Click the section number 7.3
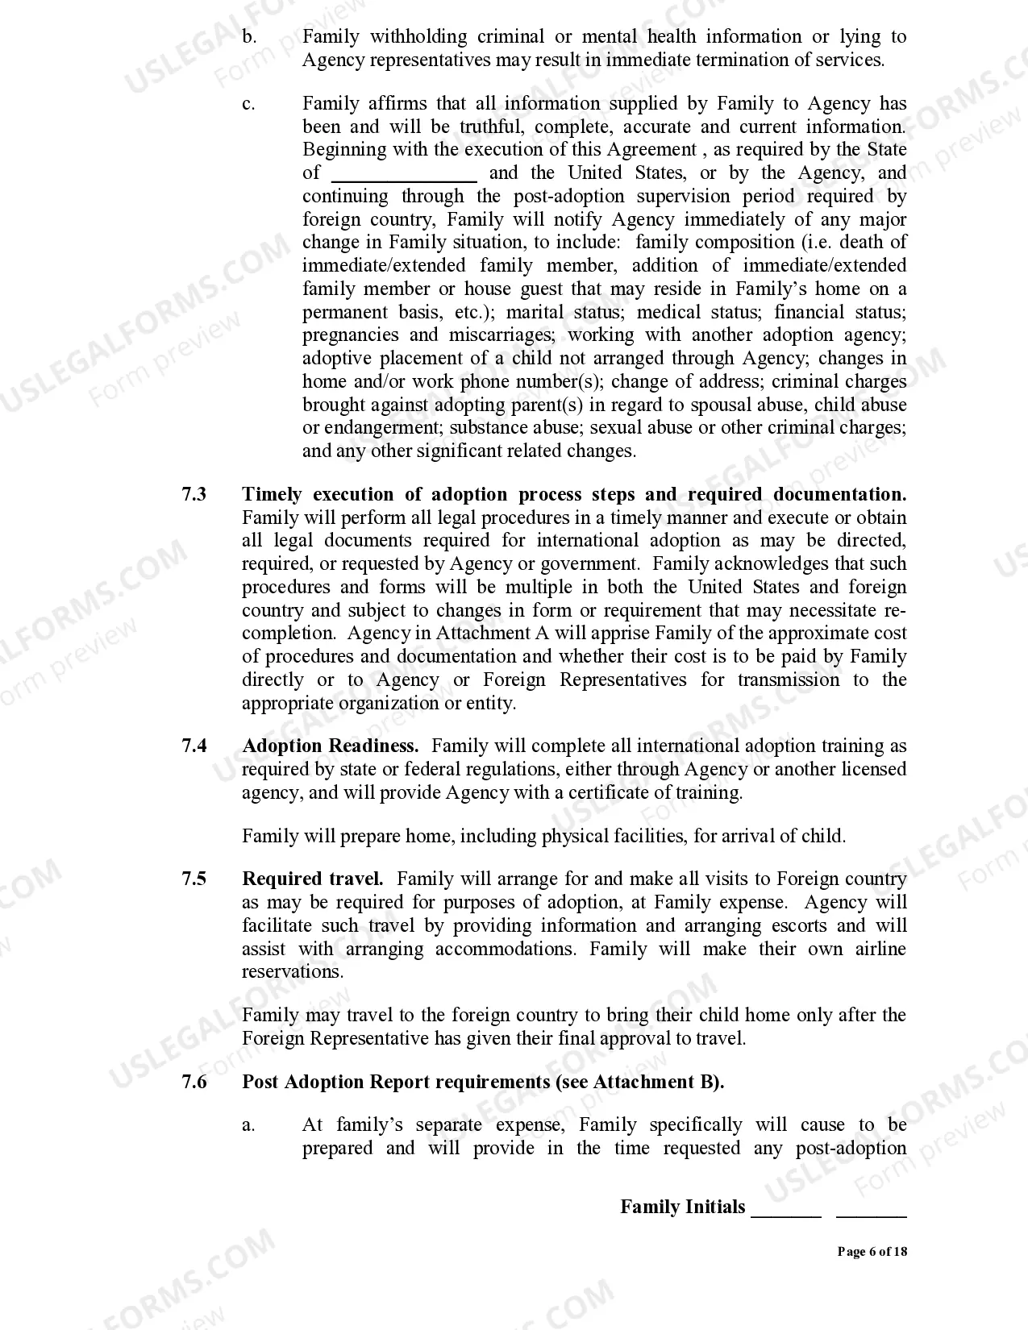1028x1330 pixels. (194, 494)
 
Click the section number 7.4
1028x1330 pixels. (194, 746)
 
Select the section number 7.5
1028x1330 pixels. (194, 879)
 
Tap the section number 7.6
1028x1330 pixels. (194, 1082)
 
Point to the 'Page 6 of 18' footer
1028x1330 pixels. (872, 1252)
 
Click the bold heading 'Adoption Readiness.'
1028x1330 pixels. (331, 746)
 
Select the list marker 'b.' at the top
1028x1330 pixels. (249, 37)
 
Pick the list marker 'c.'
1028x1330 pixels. (248, 104)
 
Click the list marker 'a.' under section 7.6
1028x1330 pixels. (248, 1125)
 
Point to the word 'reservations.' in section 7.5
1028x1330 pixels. (281, 972)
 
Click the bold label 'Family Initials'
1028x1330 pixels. (683, 1207)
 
